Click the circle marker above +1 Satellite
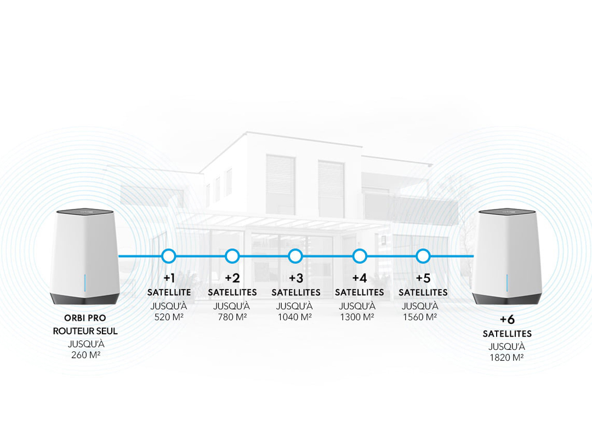[169, 255]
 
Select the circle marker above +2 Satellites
[232, 255]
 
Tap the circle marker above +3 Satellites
[295, 255]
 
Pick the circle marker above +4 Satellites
[359, 255]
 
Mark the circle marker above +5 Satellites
[423, 255]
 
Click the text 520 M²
[169, 317]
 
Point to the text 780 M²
[232, 317]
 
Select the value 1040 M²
[295, 317]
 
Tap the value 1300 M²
[359, 317]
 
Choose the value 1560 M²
[423, 317]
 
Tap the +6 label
[507, 320]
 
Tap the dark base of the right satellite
[507, 298]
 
